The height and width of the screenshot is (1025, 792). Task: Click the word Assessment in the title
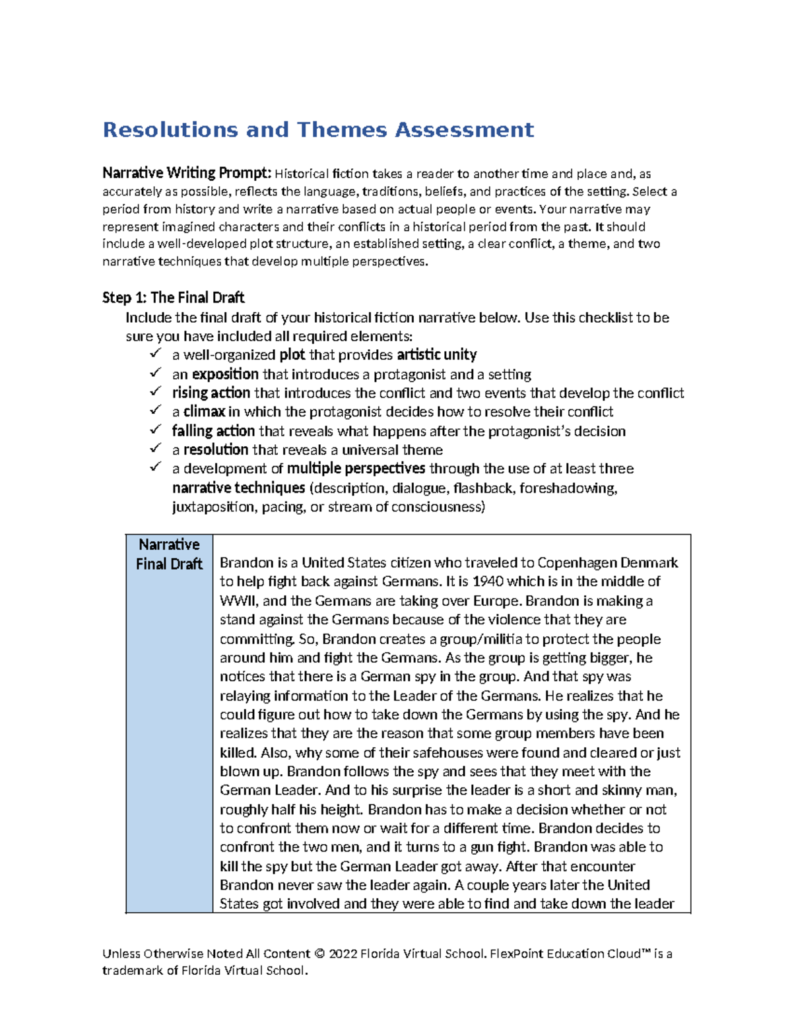click(x=464, y=130)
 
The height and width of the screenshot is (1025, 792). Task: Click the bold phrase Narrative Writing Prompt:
click(x=187, y=174)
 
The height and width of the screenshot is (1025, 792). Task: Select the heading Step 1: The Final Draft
click(x=174, y=298)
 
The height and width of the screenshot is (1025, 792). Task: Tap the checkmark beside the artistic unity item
click(x=155, y=354)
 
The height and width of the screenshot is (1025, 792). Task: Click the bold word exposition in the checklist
click(x=225, y=374)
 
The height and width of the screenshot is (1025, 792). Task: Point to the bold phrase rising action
click(x=211, y=393)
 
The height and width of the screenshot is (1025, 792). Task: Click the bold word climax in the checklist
click(x=204, y=412)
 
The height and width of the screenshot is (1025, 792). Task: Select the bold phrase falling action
click(x=213, y=431)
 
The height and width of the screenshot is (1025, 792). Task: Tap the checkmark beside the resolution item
click(x=155, y=448)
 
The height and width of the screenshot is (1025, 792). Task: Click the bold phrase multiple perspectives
click(x=356, y=469)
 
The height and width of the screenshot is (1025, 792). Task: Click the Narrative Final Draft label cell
click(x=169, y=554)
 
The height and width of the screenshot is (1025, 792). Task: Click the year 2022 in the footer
click(x=343, y=954)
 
